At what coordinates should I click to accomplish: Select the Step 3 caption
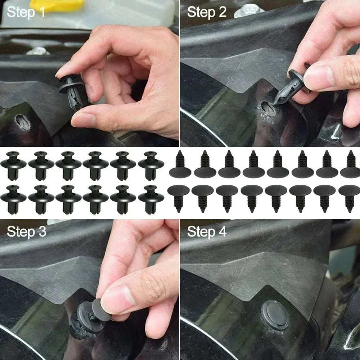coord(26,231)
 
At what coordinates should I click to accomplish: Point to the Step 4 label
coord(207,231)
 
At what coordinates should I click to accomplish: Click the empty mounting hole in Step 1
coord(23,123)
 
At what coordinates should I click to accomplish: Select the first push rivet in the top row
coord(13,165)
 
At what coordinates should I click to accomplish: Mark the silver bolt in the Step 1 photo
coord(38,50)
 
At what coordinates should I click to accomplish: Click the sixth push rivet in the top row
coord(151,165)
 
